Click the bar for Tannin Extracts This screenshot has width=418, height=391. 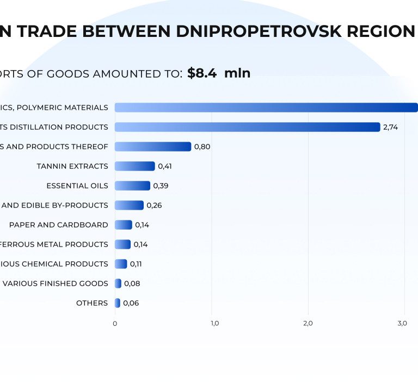point(135,166)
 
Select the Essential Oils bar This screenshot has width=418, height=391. point(132,186)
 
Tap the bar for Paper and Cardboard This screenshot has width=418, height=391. point(124,225)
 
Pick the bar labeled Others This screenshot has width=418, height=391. point(118,303)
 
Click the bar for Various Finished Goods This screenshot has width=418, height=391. point(118,283)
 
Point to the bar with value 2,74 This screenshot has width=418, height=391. point(247,127)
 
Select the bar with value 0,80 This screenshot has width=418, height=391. point(153,147)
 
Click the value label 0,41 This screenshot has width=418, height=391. point(164,166)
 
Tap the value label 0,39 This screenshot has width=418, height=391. point(161,186)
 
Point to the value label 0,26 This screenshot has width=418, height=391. point(154,205)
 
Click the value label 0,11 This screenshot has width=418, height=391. point(137,264)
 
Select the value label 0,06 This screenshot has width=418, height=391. point(131,303)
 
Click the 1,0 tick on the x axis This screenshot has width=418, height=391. point(214,324)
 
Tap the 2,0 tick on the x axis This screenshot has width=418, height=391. point(308,324)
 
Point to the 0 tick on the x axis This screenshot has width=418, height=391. point(115,324)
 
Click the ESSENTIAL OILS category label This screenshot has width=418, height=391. point(77,186)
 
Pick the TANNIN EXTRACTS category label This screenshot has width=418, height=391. point(72,166)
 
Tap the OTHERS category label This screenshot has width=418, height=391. point(92,303)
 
